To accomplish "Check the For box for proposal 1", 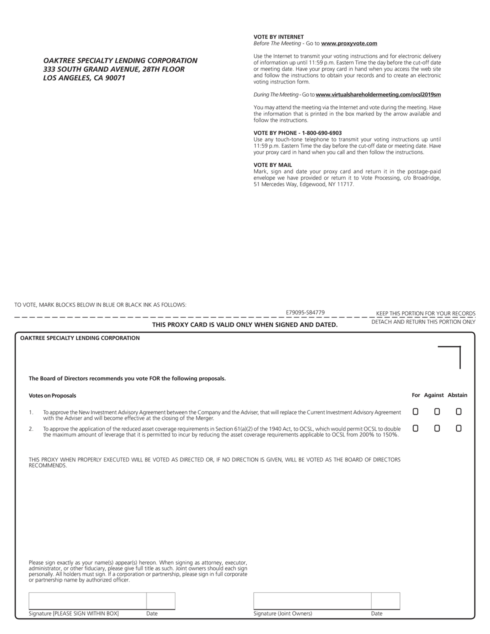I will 415,412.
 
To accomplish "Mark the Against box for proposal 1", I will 437,412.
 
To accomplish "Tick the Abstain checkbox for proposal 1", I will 458,412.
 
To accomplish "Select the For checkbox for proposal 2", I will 415,428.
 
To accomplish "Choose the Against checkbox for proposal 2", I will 437,428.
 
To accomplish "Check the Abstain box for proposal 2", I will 458,428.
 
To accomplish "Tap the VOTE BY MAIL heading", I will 273,165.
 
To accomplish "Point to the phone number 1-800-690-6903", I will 322,133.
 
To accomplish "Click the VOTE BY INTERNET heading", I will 278,37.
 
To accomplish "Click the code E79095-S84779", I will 305,313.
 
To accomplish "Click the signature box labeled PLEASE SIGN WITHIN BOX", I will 87,601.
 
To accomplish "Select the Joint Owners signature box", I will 312,601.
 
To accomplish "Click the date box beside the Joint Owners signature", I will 385,601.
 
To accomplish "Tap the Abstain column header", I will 457,395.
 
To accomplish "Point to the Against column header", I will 434,395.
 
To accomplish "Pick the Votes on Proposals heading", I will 52,396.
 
